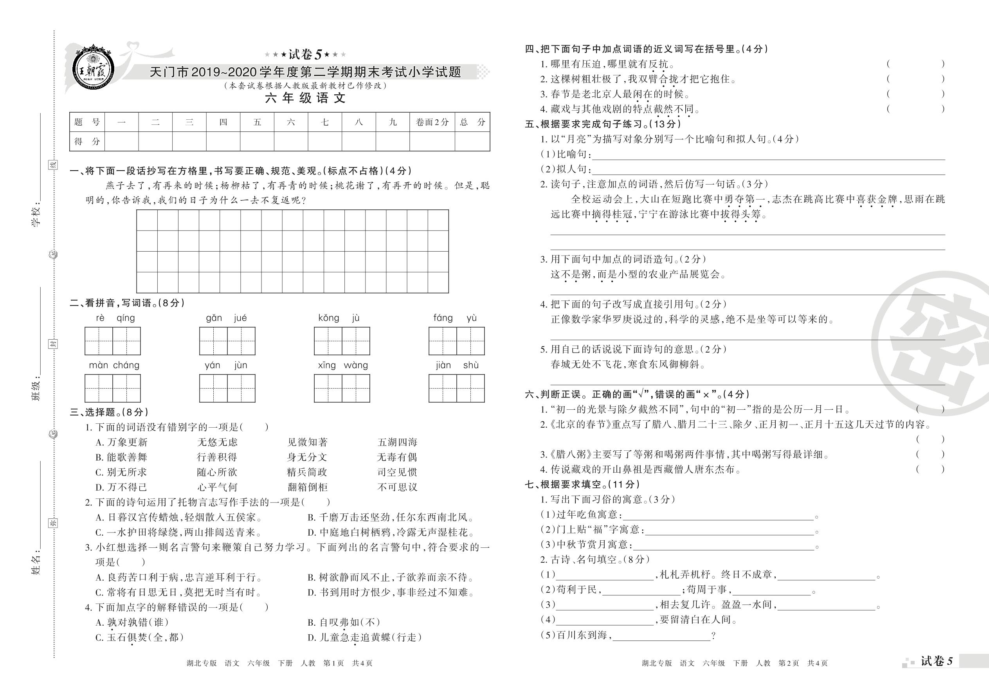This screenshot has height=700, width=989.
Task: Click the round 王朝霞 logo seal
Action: pyautogui.click(x=94, y=68)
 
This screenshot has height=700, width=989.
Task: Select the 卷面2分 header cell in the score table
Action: pyautogui.click(x=432, y=122)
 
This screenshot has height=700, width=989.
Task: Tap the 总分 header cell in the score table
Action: pyautogui.click(x=472, y=122)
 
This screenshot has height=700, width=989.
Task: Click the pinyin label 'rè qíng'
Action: pyautogui.click(x=115, y=318)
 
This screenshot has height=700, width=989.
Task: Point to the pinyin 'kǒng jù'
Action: pyautogui.click(x=339, y=318)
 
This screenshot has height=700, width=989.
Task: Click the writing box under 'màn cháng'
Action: pyautogui.click(x=113, y=388)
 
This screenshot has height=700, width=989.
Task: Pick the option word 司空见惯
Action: pyautogui.click(x=397, y=472)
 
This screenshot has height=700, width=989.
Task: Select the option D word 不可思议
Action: pyautogui.click(x=397, y=488)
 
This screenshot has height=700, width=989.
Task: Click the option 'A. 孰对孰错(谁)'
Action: pyautogui.click(x=132, y=623)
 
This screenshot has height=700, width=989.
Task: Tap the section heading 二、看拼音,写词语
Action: pyautogui.click(x=127, y=303)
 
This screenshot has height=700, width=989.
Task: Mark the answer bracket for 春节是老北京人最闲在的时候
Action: pyautogui.click(x=915, y=94)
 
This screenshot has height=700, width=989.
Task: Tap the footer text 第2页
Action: pyautogui.click(x=789, y=663)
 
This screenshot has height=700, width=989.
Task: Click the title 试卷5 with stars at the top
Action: pyautogui.click(x=305, y=55)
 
